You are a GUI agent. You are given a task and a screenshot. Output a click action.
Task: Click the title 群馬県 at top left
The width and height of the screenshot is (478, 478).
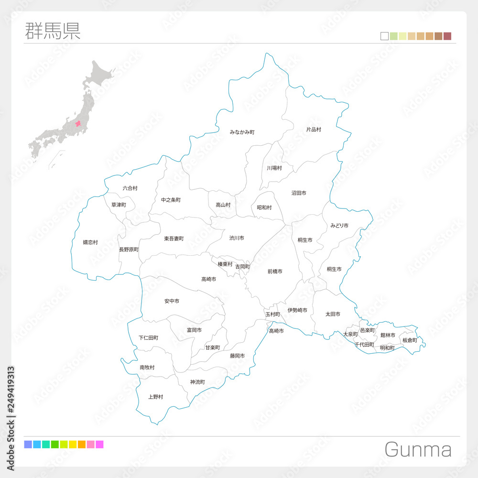click(x=52, y=30)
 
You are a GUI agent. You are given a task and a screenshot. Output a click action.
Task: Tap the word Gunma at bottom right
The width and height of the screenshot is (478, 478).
click(x=418, y=450)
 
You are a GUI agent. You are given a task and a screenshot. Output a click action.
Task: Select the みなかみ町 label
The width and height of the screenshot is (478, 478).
click(x=242, y=132)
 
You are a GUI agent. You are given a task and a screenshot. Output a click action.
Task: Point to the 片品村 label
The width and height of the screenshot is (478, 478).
click(x=314, y=130)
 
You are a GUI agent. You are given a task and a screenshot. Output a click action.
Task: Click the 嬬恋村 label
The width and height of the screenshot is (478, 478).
click(x=90, y=242)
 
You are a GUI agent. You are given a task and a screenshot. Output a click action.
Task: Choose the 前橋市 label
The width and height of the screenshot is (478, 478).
click(x=275, y=272)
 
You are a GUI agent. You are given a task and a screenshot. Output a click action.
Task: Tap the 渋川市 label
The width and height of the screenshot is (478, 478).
click(x=237, y=238)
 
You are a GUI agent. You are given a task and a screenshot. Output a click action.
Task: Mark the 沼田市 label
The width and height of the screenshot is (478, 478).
click(x=299, y=193)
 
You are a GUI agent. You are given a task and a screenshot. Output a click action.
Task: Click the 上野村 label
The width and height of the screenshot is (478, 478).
click(x=156, y=397)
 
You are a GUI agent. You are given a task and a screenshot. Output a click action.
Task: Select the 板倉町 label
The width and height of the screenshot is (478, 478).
click(x=410, y=340)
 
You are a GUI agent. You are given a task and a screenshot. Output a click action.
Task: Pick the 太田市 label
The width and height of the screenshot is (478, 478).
click(x=333, y=314)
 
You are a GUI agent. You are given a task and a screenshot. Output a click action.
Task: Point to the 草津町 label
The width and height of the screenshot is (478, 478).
click(x=119, y=205)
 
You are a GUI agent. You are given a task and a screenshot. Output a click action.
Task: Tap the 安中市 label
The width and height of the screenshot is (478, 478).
click(x=172, y=301)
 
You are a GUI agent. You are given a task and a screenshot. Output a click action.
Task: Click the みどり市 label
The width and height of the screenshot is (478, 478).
click(x=339, y=225)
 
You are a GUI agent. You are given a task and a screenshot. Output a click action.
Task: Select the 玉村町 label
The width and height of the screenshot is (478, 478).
click(x=272, y=314)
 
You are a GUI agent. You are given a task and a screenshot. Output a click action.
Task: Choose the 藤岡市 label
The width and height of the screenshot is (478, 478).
click(x=237, y=356)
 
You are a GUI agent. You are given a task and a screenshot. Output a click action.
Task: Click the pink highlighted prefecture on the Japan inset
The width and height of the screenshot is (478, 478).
click(x=78, y=123)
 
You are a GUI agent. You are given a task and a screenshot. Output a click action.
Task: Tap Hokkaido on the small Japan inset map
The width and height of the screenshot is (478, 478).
click(x=98, y=74)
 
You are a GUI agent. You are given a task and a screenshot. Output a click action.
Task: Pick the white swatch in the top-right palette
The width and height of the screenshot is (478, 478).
click(x=384, y=36)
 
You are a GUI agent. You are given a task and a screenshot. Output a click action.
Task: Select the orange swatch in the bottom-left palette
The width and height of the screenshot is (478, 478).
click(x=82, y=445)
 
